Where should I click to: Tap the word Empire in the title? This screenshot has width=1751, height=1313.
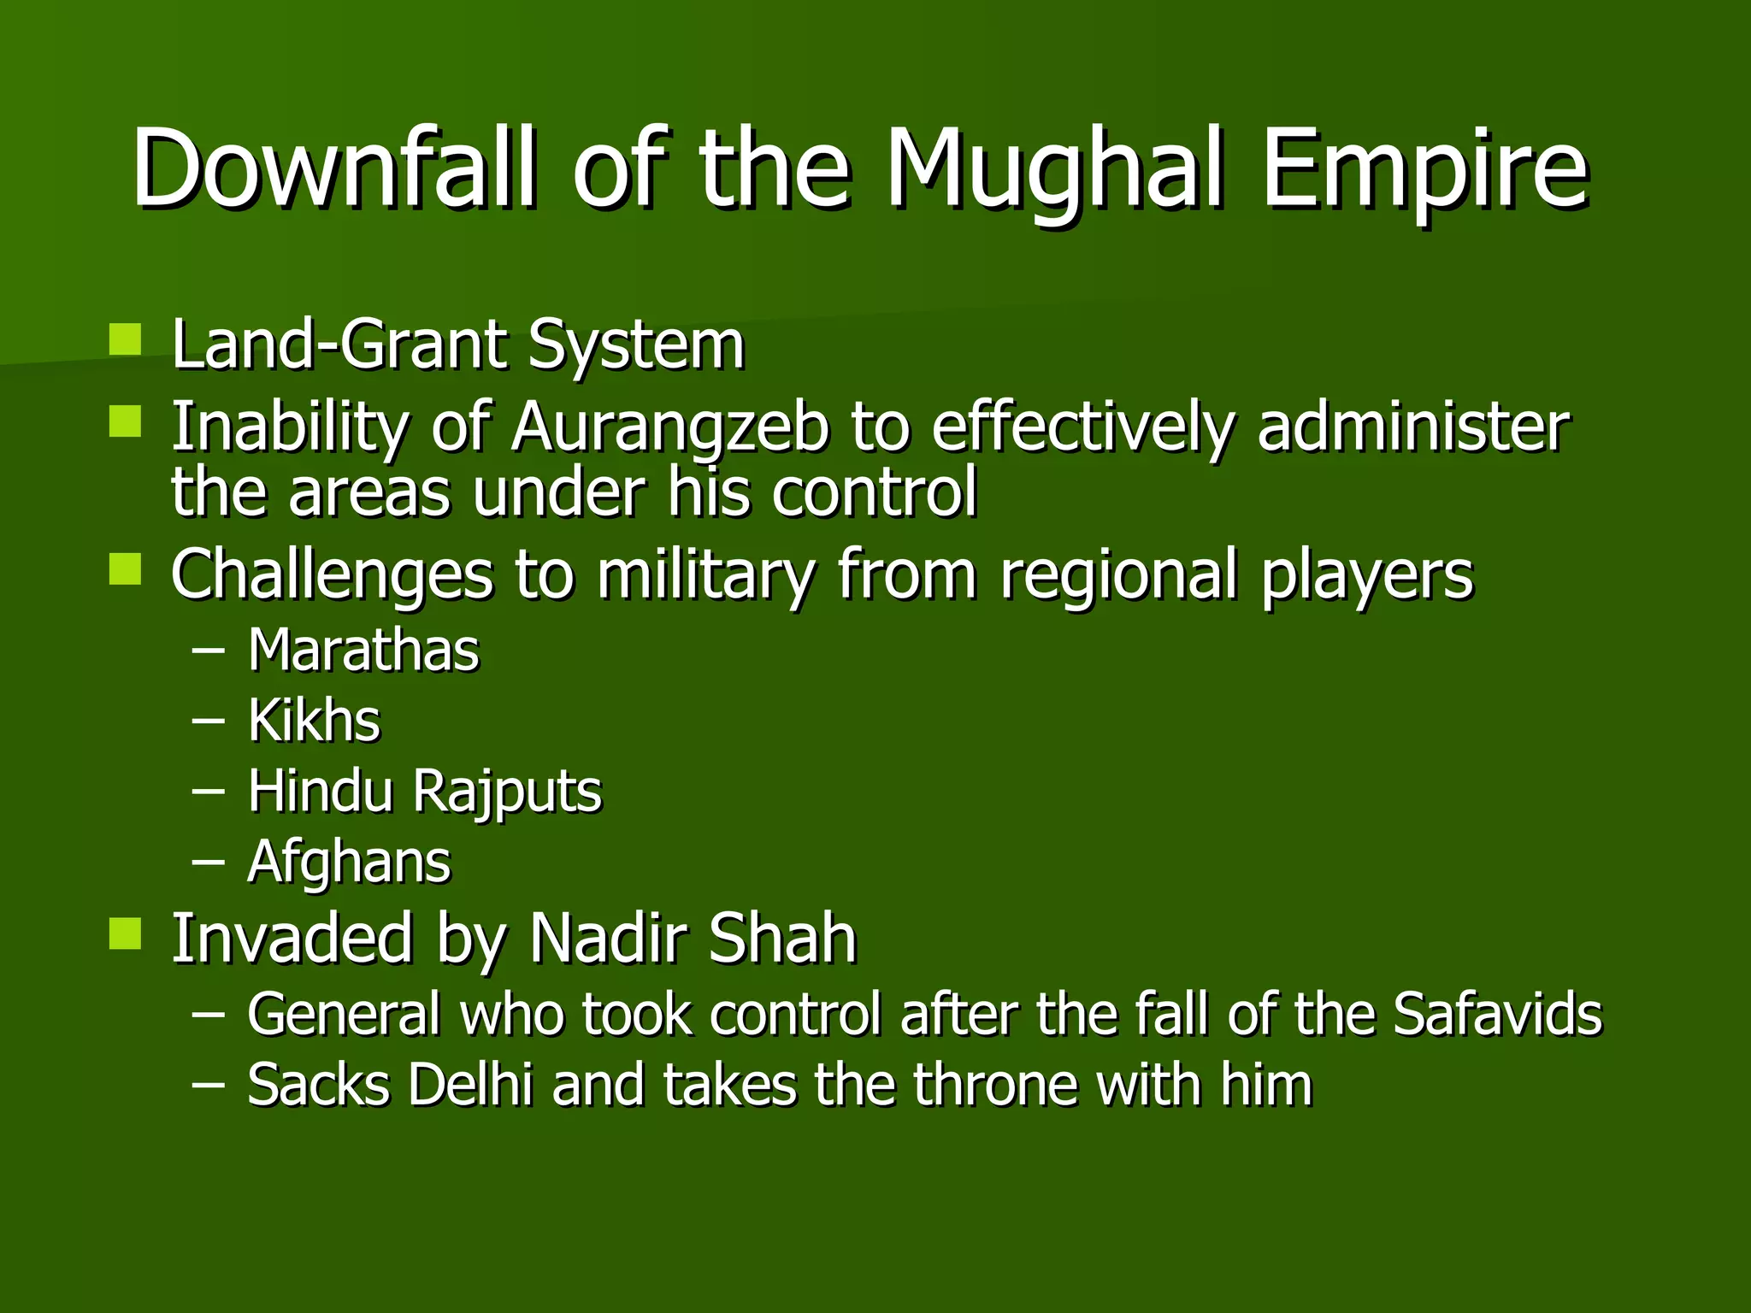tap(1424, 171)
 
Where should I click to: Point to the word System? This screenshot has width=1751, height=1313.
tap(636, 346)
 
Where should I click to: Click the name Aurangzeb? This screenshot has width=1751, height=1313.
tap(669, 427)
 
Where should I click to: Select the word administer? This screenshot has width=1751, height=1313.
tap(1413, 427)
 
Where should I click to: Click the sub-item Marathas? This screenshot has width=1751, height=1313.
tap(363, 651)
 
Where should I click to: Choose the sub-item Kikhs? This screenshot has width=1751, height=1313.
tap(314, 721)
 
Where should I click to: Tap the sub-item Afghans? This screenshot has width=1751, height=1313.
tap(349, 862)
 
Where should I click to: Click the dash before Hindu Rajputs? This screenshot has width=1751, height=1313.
tap(209, 792)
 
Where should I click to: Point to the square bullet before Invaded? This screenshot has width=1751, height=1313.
tap(126, 934)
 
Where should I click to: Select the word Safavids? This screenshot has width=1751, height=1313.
tap(1497, 1015)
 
